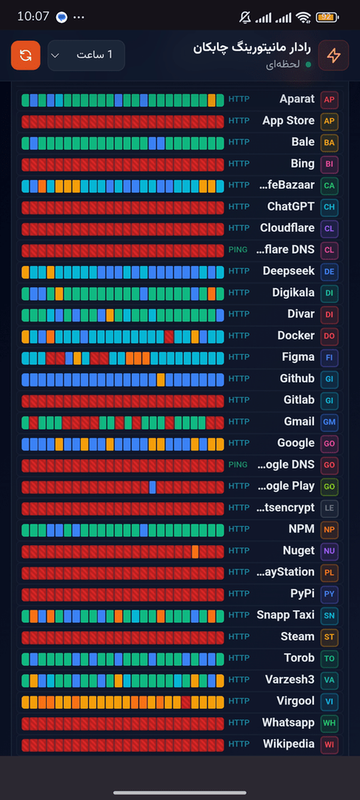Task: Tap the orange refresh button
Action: click(26, 55)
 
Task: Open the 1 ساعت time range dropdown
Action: click(86, 55)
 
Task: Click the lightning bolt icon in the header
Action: click(334, 55)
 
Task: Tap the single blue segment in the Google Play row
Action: click(152, 487)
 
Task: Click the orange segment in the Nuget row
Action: click(195, 552)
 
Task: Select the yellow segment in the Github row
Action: click(161, 380)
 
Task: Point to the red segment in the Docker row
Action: click(169, 337)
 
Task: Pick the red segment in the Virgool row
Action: click(186, 702)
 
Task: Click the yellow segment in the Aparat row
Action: click(212, 100)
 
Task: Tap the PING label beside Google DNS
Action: click(238, 465)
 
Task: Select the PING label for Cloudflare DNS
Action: click(238, 250)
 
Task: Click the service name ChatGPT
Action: click(291, 206)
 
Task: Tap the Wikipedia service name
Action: click(289, 744)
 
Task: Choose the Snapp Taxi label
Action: click(286, 615)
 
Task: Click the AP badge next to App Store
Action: click(329, 121)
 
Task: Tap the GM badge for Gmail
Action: click(329, 422)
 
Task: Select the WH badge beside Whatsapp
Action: click(329, 723)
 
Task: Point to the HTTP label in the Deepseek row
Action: click(239, 271)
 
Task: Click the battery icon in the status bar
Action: click(327, 17)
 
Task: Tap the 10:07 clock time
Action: click(33, 16)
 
